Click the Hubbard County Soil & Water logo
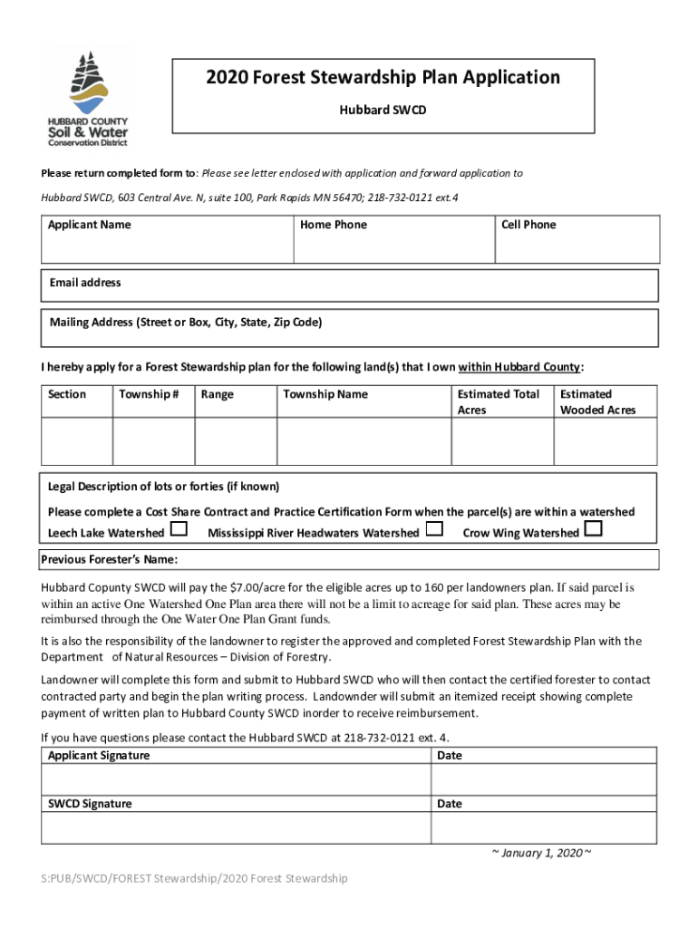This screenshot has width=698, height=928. [x=88, y=98]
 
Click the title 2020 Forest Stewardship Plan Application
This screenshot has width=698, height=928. [x=383, y=78]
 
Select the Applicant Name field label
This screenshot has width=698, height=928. [x=89, y=225]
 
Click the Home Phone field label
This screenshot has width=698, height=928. [x=334, y=225]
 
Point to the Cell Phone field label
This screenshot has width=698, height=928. [x=528, y=225]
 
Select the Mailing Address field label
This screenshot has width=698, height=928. [x=186, y=323]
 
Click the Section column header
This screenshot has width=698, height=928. [x=67, y=394]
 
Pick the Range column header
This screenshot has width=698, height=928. [x=218, y=394]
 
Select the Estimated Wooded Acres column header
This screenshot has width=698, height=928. [x=597, y=402]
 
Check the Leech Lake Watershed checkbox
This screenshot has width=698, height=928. [x=179, y=529]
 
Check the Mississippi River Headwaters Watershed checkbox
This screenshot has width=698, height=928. [x=434, y=529]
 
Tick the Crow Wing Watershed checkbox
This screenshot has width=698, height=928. [x=594, y=529]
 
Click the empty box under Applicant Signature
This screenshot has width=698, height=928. [x=235, y=779]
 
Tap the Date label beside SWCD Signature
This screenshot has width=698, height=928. [x=449, y=804]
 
